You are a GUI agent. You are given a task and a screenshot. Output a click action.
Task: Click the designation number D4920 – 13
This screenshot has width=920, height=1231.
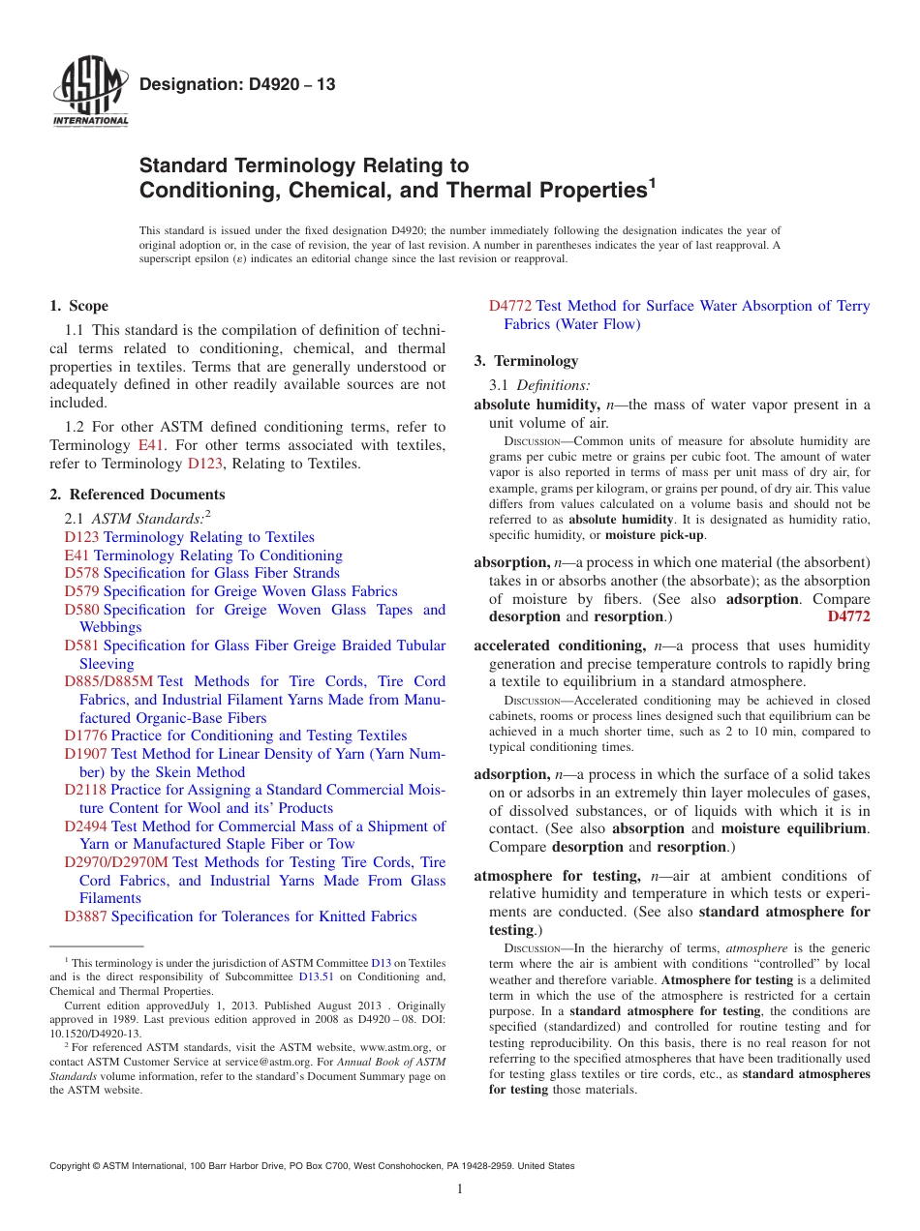coord(237,84)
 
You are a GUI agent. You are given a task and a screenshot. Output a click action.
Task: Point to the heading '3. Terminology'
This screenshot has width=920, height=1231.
coord(526,361)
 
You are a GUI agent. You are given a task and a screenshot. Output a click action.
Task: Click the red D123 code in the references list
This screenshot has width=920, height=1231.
coord(81,537)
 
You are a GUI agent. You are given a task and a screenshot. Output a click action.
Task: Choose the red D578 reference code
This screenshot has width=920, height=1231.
coord(81,573)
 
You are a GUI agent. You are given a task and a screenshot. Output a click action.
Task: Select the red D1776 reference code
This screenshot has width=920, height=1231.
coord(85,736)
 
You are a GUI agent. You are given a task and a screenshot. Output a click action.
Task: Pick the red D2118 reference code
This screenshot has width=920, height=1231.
coord(85,790)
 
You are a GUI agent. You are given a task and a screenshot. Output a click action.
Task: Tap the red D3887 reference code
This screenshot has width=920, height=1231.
coord(85,916)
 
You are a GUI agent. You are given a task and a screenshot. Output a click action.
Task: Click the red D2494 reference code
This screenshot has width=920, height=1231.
coord(85,826)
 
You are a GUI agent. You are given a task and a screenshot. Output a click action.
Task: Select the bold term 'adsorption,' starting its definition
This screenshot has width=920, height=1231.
coord(512,774)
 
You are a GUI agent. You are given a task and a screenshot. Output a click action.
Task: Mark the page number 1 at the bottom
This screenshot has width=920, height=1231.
coord(460,1188)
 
